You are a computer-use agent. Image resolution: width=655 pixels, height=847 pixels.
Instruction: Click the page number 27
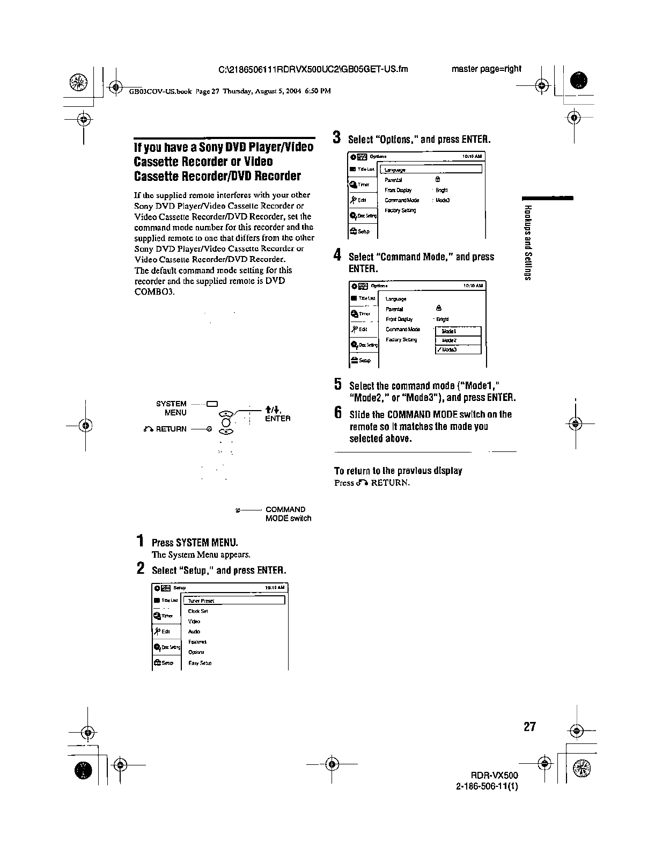529,727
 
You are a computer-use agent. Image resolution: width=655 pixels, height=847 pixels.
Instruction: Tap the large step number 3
337,137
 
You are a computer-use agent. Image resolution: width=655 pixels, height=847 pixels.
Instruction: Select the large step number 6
338,413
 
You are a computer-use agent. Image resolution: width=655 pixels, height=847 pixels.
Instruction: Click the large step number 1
140,541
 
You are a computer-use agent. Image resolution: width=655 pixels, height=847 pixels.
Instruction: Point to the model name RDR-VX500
494,776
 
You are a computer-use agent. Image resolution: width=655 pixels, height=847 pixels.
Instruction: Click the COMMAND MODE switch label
288,514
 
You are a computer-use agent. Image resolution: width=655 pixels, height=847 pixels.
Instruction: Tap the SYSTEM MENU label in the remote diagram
171,408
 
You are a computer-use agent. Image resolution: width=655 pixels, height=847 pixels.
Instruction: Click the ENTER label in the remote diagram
278,419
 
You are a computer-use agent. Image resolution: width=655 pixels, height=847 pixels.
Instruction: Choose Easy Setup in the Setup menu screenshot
200,663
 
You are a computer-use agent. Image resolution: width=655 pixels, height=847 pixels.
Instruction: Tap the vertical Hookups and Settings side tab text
528,242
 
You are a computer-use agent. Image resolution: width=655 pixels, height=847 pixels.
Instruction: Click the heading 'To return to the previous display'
398,471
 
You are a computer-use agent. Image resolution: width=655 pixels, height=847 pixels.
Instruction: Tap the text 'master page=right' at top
486,69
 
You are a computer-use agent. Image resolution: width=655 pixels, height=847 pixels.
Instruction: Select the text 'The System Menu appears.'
201,554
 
